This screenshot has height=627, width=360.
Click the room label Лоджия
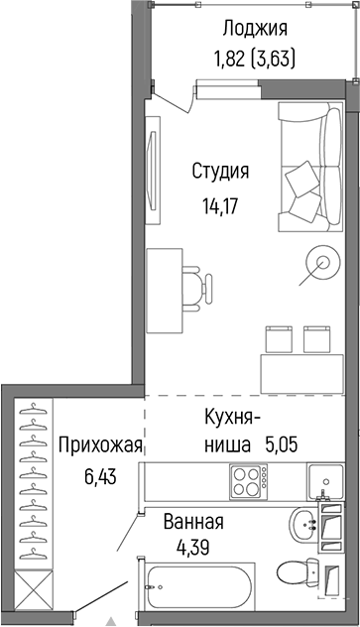(x=255, y=27)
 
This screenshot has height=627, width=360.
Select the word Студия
(x=220, y=171)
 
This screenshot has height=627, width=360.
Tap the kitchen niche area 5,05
(x=281, y=446)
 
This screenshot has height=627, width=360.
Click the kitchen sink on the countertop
(x=324, y=482)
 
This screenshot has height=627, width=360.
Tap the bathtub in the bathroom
(x=199, y=589)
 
